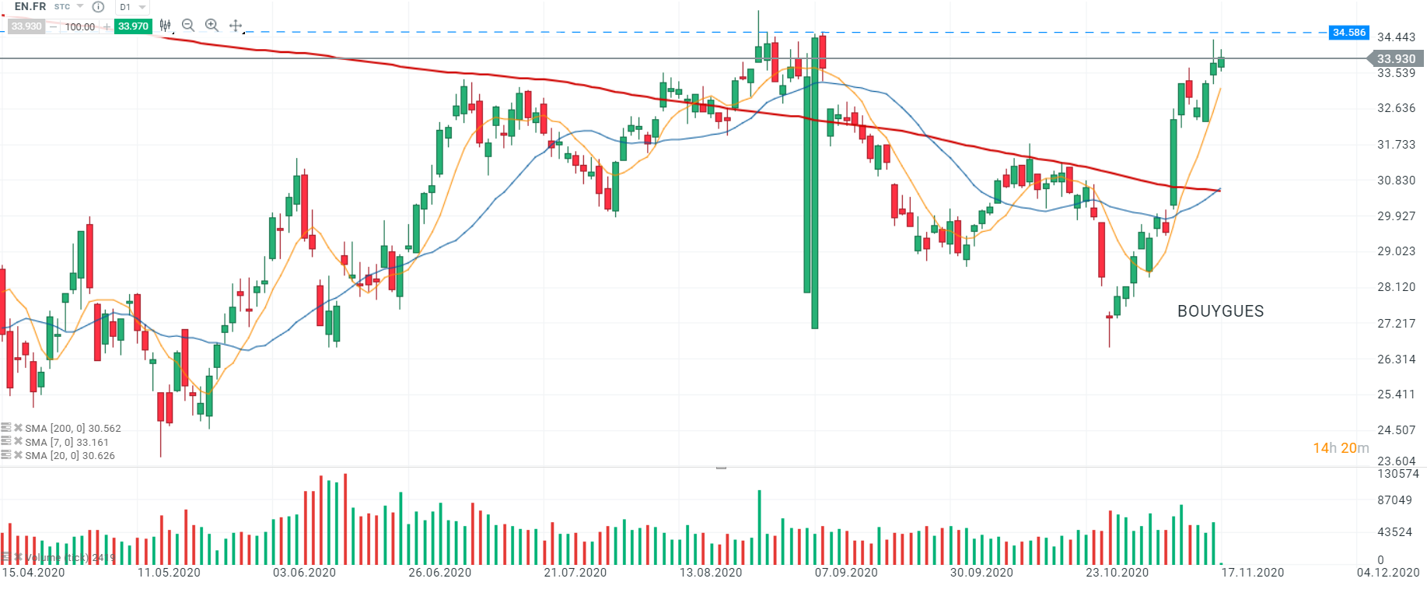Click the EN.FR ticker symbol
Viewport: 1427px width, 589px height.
[x=30, y=6]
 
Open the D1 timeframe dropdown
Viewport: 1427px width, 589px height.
[x=132, y=7]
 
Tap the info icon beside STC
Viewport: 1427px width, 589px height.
[x=98, y=7]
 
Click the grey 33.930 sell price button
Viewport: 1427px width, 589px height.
[x=26, y=26]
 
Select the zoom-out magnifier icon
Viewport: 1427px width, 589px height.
[x=187, y=26]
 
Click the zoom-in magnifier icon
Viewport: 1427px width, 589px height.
[x=212, y=26]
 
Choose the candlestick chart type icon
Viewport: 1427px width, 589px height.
[x=165, y=26]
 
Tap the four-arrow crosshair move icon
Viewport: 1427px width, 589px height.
[x=236, y=26]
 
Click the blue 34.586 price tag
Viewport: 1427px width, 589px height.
[x=1348, y=33]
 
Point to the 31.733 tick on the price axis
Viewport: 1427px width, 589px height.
[x=1396, y=145]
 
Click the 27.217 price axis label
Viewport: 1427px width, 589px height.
[x=1396, y=324]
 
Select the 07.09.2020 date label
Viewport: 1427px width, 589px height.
[x=846, y=573]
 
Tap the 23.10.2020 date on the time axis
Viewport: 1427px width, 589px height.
[x=1117, y=573]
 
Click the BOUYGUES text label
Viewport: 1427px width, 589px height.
[x=1220, y=311]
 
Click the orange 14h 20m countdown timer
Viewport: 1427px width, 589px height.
[x=1341, y=448]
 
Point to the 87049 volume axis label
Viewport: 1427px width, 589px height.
[x=1394, y=500]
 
